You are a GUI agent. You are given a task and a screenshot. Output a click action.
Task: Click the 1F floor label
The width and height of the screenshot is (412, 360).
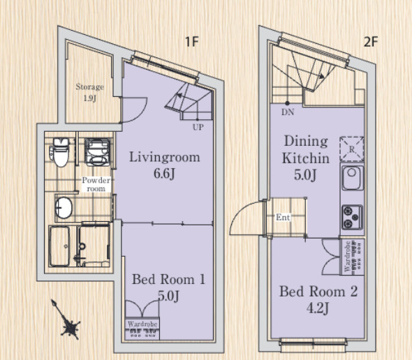point(191,41)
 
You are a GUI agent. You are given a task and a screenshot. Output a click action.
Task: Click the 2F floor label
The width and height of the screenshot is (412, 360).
point(371,41)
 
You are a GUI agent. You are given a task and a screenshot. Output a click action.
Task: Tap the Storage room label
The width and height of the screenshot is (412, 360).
point(90,87)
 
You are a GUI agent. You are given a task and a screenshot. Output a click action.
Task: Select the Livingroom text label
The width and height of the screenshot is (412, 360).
point(165,157)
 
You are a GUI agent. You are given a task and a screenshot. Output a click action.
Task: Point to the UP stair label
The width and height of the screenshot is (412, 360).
point(198,128)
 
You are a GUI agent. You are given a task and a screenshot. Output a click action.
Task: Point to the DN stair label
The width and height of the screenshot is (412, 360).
point(288,112)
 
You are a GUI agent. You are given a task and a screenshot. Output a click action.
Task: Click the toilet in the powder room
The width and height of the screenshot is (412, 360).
point(60,153)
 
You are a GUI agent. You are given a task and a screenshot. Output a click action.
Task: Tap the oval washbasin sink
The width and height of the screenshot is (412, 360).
point(64,207)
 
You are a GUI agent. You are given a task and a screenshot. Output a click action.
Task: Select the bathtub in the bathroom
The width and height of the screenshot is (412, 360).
point(59,246)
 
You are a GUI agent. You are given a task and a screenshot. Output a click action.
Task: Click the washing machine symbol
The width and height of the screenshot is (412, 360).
point(97,152)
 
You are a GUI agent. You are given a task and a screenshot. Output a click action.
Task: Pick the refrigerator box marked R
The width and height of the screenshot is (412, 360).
point(352,149)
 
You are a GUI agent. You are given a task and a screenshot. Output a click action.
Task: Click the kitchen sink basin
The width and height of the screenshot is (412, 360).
point(352,177)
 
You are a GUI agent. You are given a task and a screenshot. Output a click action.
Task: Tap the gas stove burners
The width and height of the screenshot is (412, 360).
point(352,217)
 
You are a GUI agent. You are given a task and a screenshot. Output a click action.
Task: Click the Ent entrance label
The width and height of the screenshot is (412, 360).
point(283,217)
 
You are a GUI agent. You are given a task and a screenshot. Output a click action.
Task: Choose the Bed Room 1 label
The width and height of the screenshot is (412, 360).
point(168,279)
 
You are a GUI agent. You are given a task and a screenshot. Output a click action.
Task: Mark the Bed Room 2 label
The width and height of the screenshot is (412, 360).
point(318,292)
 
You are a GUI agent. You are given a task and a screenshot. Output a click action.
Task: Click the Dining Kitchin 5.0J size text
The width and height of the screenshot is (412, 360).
point(304,175)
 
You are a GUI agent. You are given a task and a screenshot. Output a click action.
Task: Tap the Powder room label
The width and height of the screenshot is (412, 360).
point(96,184)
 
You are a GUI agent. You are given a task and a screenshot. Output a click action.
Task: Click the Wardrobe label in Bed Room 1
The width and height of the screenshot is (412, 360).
point(142,324)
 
